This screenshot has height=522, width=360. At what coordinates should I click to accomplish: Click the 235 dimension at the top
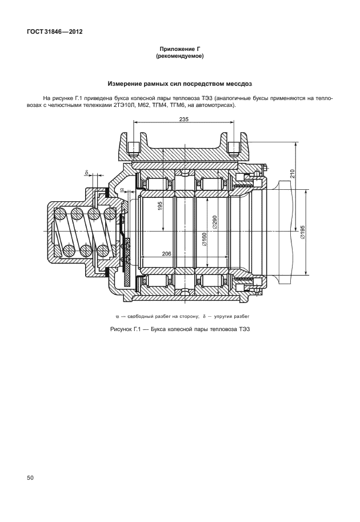coord(183,119)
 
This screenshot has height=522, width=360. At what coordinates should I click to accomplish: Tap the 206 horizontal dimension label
coord(167,253)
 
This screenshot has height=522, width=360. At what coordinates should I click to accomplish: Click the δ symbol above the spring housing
coord(86,172)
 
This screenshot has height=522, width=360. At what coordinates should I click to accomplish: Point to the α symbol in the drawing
coord(122,189)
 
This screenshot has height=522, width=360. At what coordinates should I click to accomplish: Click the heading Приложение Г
coord(179,50)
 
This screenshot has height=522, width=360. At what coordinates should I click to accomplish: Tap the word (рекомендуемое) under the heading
coord(179,57)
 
